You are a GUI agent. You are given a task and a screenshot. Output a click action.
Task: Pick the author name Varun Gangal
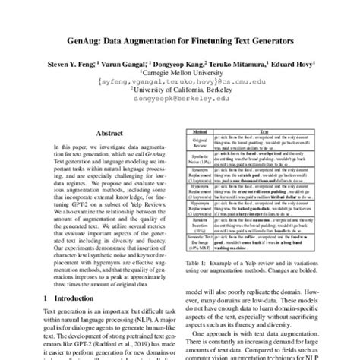point(115,65)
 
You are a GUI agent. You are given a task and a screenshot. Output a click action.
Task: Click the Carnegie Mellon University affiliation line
point(180,75)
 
